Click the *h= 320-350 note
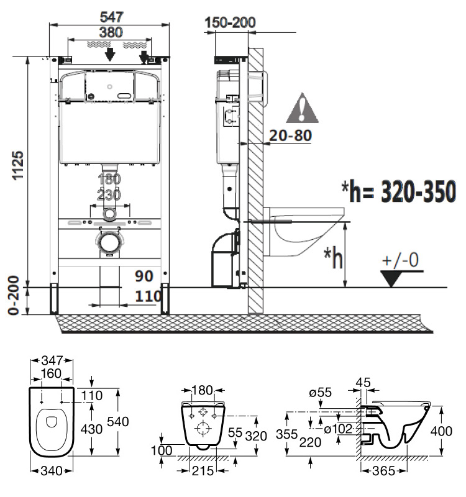coord(398,193)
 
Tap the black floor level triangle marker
coord(392,278)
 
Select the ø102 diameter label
coord(338,427)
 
